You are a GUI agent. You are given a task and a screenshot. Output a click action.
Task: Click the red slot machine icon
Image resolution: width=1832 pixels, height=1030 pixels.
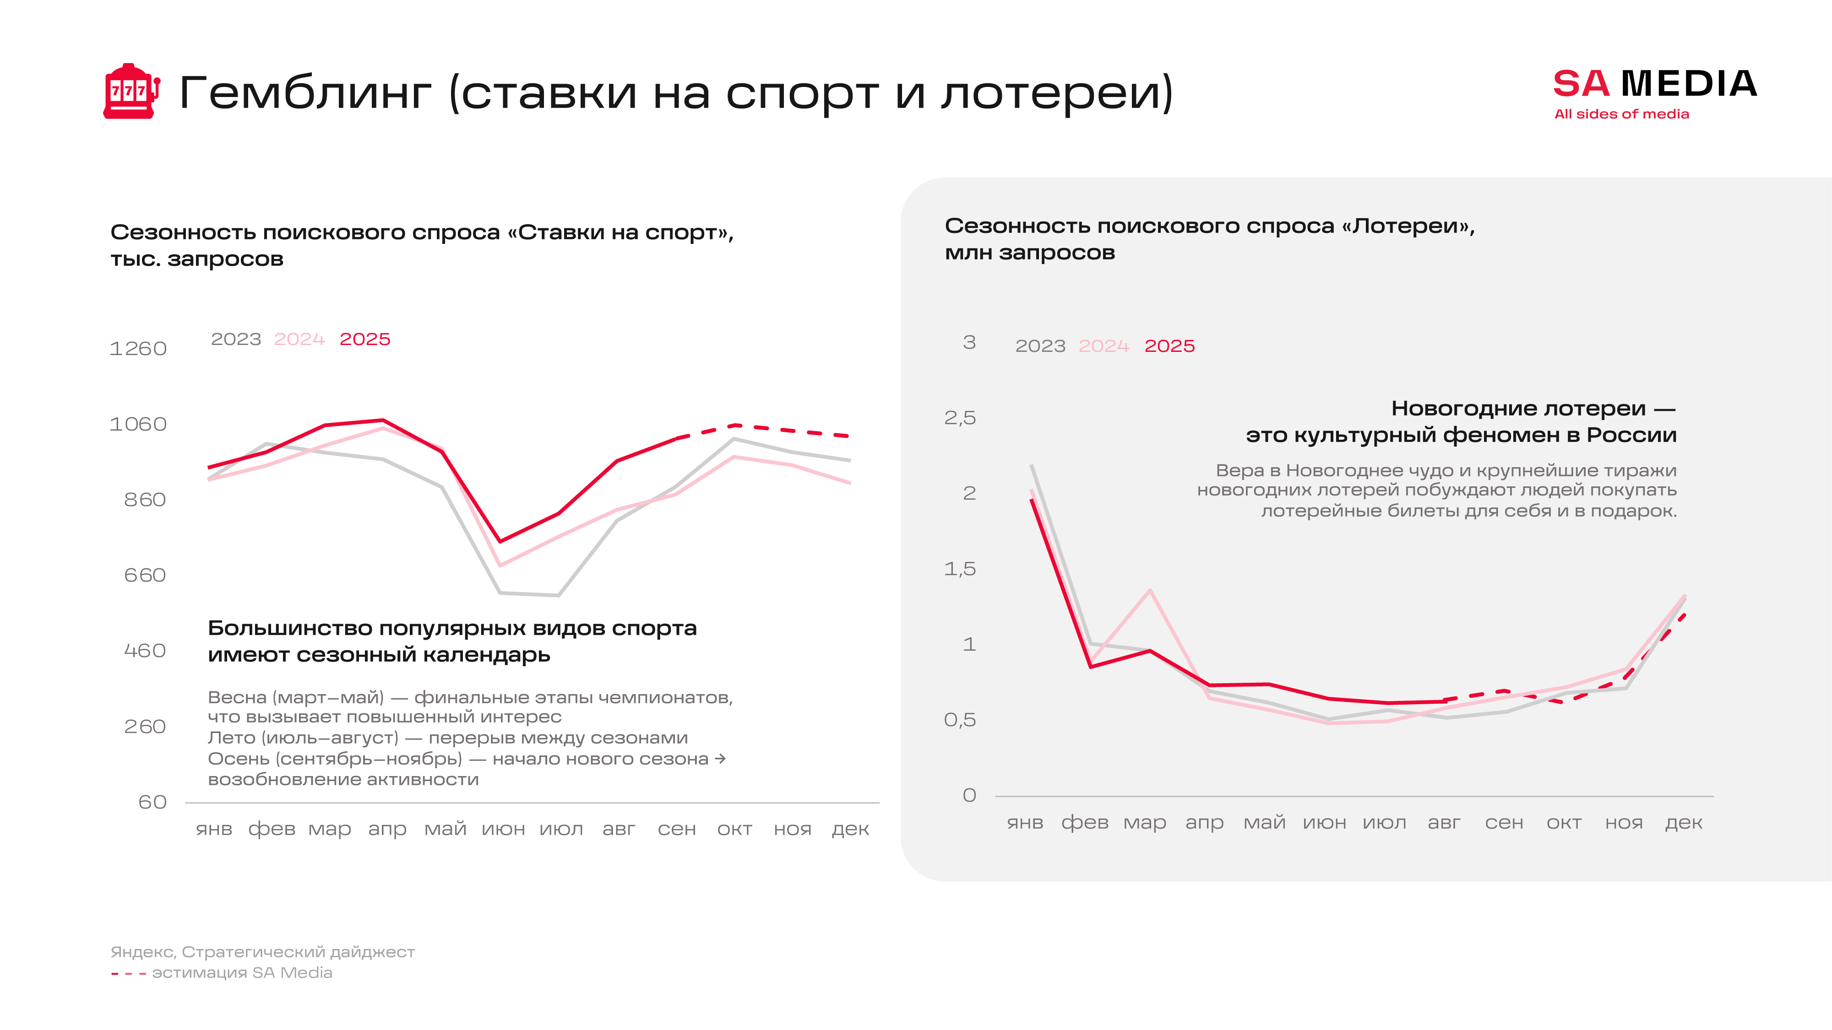[131, 92]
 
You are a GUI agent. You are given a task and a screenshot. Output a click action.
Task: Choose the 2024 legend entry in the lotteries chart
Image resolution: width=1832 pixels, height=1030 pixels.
[1104, 346]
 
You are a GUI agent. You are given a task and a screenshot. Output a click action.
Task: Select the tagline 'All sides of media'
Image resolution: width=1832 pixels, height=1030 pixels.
[1621, 114]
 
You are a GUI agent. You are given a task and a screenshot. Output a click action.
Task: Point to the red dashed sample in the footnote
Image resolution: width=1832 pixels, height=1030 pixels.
[129, 974]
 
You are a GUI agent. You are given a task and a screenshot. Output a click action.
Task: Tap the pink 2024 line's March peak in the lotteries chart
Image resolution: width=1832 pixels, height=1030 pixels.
[1150, 590]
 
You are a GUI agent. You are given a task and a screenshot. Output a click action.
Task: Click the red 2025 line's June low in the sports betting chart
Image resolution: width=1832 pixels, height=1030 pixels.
[500, 542]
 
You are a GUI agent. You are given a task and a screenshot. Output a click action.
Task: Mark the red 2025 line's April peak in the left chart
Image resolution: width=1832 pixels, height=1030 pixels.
[383, 420]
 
